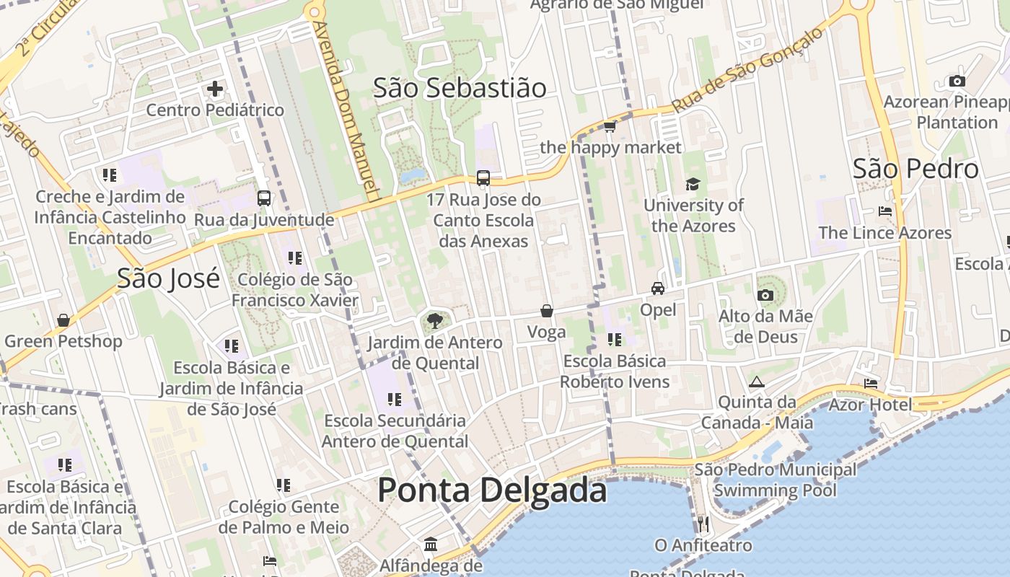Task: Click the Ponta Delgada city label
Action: tap(492, 490)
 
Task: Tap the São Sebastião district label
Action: tap(460, 88)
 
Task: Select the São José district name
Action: tap(168, 278)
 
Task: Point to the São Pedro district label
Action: tap(915, 169)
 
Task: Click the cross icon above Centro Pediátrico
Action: tap(215, 89)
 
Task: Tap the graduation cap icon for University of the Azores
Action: tap(693, 184)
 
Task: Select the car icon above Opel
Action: tap(658, 288)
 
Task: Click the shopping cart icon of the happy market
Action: tap(610, 127)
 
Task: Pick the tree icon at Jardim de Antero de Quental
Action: tap(434, 320)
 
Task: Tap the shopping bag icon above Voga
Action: tap(547, 311)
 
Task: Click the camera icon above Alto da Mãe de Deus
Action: tap(765, 295)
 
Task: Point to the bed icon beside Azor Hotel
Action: tap(871, 383)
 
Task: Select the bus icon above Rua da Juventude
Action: tap(264, 198)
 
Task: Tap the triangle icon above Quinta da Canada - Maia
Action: tap(756, 382)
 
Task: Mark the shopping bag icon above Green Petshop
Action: tap(63, 320)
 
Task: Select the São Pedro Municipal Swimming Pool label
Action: tap(776, 480)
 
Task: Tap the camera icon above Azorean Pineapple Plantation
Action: tap(957, 81)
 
